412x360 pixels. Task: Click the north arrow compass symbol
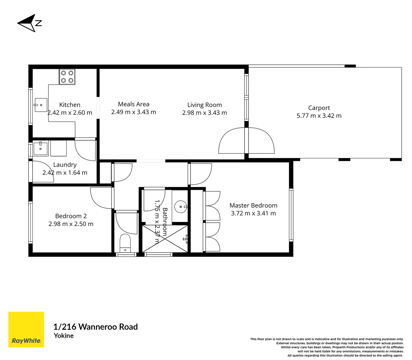[x=28, y=23]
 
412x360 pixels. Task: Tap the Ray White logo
[x=26, y=329]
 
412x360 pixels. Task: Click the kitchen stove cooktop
[x=67, y=77]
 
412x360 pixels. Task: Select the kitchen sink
[x=41, y=105]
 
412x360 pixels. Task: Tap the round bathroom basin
[x=181, y=207]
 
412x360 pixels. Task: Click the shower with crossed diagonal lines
[x=165, y=239]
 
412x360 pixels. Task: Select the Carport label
[x=319, y=108]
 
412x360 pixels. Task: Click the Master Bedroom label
[x=253, y=205]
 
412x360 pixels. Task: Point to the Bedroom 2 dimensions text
[x=71, y=224]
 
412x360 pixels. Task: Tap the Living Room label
[x=204, y=105]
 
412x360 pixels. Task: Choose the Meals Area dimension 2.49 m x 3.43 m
[x=133, y=112]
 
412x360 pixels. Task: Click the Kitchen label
[x=69, y=105]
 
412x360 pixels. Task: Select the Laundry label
[x=65, y=165]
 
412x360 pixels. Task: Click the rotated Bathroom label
[x=164, y=222]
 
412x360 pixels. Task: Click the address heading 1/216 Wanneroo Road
[x=95, y=327]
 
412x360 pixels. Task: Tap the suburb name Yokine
[x=64, y=336]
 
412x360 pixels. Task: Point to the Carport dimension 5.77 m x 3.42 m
[x=319, y=116]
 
